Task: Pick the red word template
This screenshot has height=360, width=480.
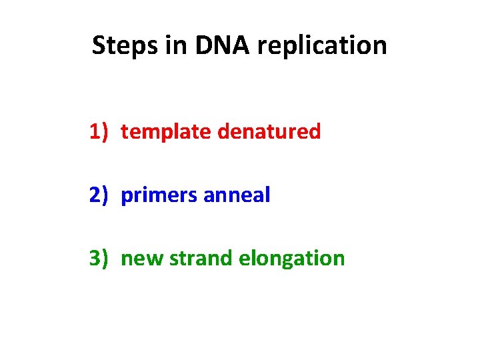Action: [167, 133]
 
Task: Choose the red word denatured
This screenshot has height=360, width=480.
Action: [269, 132]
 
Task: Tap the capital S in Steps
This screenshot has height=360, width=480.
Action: [99, 46]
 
